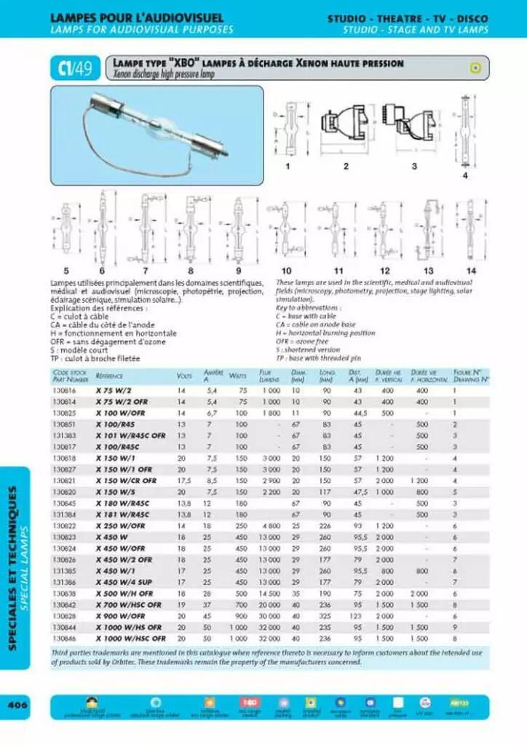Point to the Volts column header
tap(184, 376)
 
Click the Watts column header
tap(237, 376)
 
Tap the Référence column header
tap(109, 376)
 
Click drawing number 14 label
tap(470, 271)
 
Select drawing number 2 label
tap(346, 167)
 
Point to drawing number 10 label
tap(287, 271)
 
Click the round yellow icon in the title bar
tap(475, 68)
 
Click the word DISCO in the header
tap(473, 18)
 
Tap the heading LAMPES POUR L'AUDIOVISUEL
tap(137, 17)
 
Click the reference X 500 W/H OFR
tap(124, 594)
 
